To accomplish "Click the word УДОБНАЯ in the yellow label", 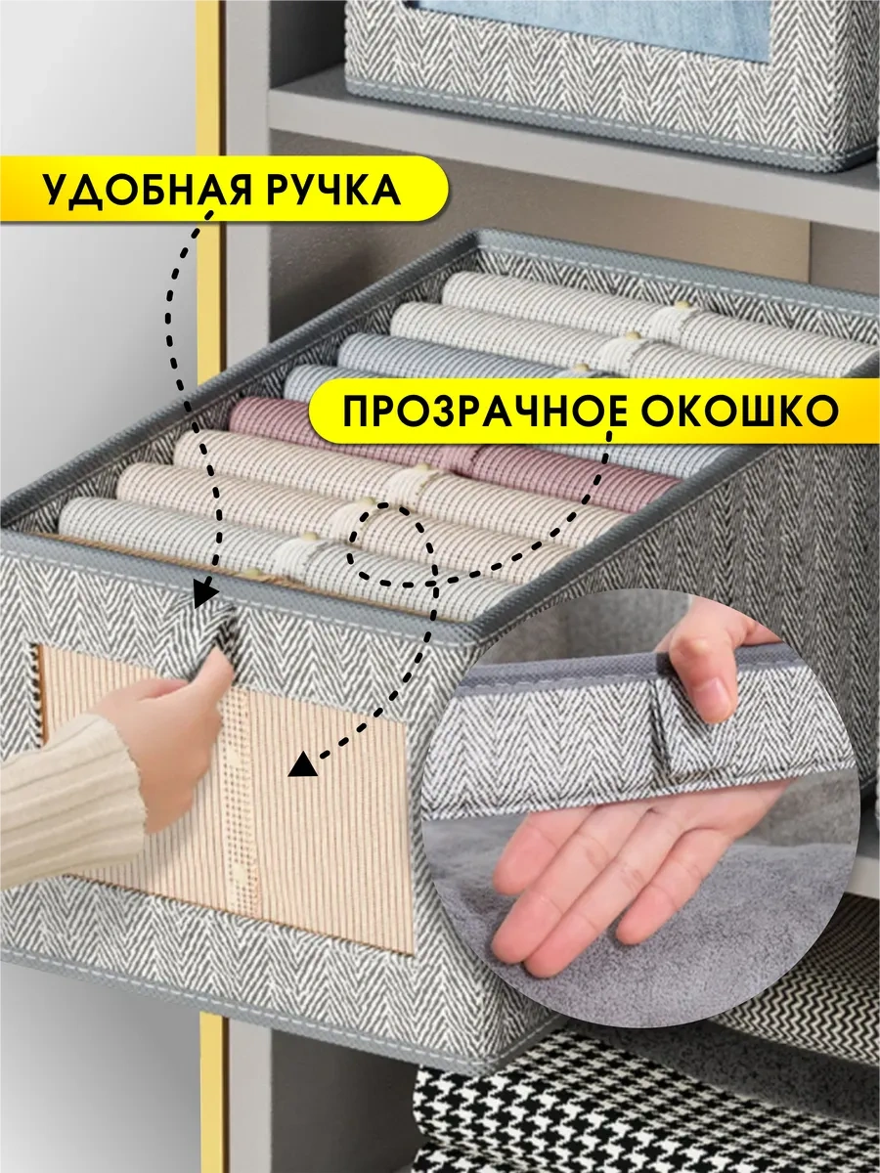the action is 147,190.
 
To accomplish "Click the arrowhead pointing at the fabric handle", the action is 205,594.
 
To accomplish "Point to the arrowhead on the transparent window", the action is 303,764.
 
